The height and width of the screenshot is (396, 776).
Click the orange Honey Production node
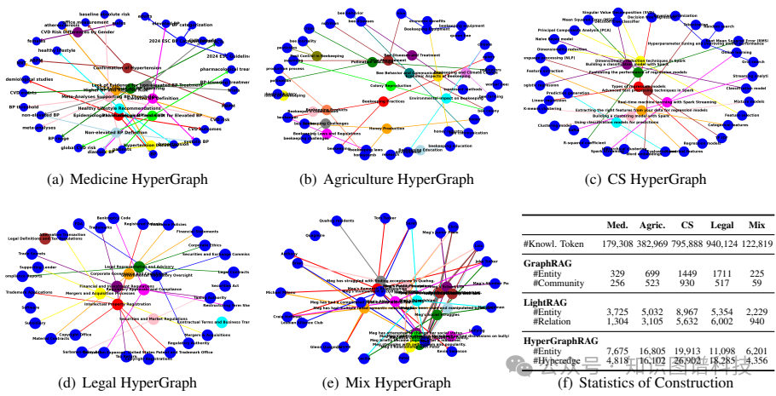[386, 129]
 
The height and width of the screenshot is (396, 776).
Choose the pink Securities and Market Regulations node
[153, 320]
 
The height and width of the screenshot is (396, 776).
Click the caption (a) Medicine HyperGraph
[130, 180]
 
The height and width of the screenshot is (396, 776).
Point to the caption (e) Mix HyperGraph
[387, 383]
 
